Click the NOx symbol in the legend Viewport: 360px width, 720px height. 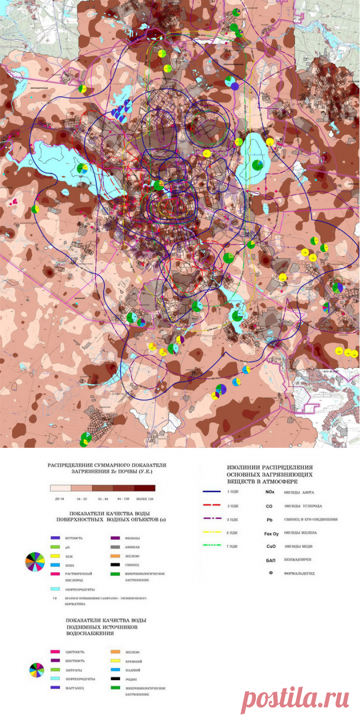269,492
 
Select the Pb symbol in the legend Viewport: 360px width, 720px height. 269,519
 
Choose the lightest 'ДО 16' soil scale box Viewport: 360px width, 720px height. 61,488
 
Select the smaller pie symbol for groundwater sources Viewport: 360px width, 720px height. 37,669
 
